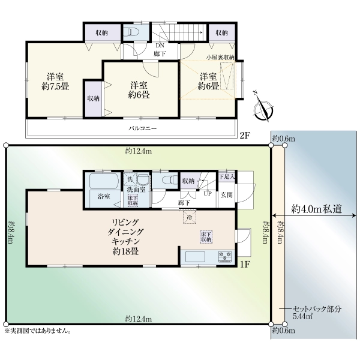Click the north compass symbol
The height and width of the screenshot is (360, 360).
coord(263,109)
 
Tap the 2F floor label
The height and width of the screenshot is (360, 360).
coord(245,136)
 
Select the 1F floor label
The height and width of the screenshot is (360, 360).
coord(245,265)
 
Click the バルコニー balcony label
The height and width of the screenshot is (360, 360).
coord(142,128)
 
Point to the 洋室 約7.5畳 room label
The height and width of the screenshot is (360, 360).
coord(55,82)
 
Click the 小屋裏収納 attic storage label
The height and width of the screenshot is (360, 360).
coord(220,58)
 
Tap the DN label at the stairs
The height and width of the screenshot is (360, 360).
coord(160,46)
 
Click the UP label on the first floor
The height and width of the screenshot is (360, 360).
coord(208,194)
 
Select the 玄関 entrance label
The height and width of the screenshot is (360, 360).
coord(227,195)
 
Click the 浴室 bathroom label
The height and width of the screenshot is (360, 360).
coord(104,197)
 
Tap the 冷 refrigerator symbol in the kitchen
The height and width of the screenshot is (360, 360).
coord(190,216)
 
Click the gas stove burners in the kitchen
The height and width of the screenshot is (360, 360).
coord(226,256)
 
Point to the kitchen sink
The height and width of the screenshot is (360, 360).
coord(195,257)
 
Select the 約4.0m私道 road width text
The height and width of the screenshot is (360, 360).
coord(317,209)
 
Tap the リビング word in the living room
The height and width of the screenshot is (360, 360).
coord(125,222)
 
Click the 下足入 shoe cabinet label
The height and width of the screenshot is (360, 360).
coord(227,177)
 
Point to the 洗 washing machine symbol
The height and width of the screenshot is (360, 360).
coord(130,179)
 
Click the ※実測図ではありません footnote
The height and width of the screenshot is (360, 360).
coord(37,331)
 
